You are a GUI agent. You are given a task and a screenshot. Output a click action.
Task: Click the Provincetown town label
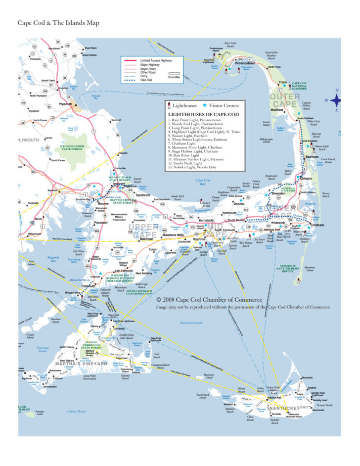coord(245,64)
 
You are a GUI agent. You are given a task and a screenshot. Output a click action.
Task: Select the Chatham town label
coord(317,225)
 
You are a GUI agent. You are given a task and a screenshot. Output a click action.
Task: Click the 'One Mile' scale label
coord(174,77)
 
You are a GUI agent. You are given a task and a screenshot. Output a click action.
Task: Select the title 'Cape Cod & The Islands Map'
coord(58,23)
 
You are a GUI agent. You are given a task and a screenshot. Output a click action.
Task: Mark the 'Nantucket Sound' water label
coord(191,323)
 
